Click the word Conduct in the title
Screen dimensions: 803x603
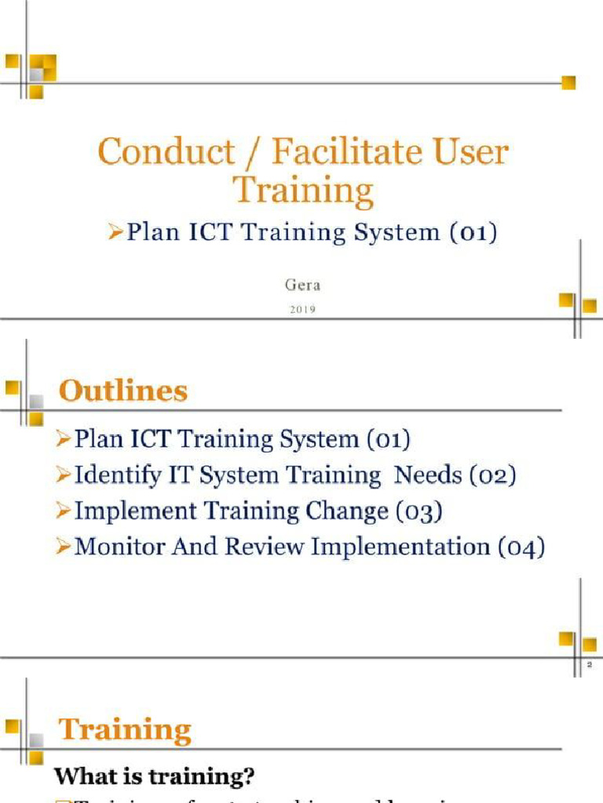[x=166, y=151]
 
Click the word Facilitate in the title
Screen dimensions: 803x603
[x=357, y=151]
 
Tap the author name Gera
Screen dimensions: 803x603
[x=302, y=286]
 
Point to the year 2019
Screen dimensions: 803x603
[x=302, y=310]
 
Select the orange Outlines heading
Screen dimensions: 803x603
[x=124, y=391]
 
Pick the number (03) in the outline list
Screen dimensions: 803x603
[x=418, y=511]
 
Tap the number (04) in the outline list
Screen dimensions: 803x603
[x=521, y=547]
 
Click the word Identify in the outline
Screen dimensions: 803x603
[x=109, y=475]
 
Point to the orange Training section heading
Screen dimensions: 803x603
[x=126, y=730]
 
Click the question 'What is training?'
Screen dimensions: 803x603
[x=154, y=777]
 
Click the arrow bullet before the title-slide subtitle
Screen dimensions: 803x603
[x=116, y=233]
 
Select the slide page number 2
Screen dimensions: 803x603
[x=590, y=665]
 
